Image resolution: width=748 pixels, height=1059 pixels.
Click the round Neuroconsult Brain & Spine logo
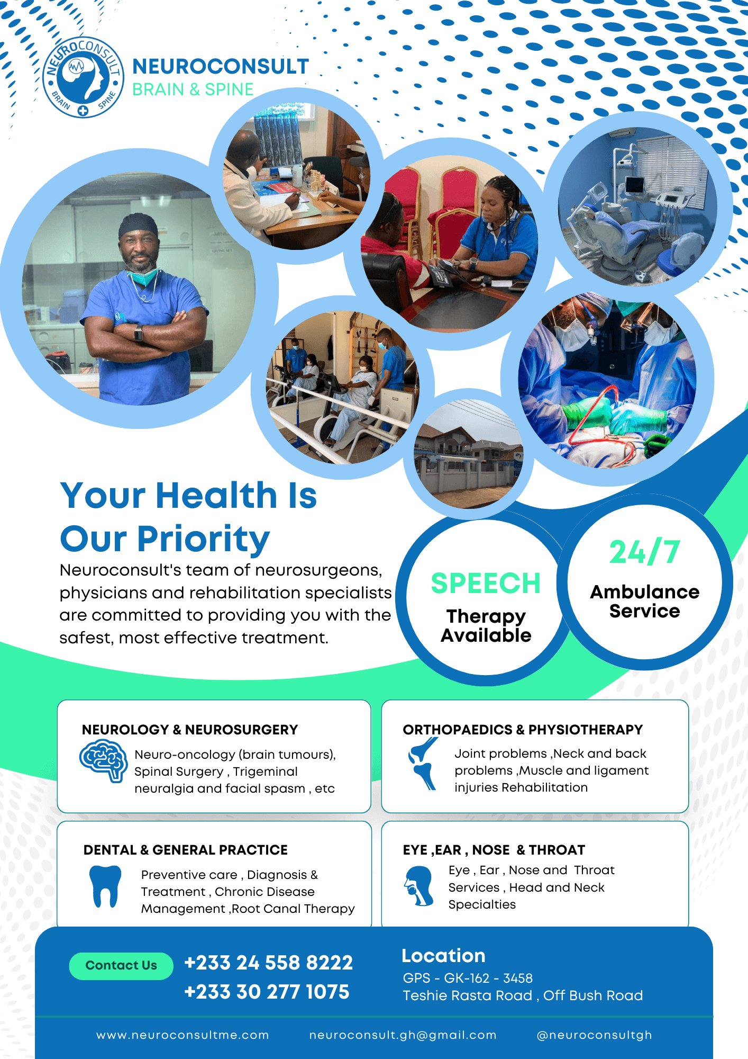(83, 77)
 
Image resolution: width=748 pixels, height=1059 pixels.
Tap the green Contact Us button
(121, 966)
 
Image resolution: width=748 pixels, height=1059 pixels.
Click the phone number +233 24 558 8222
(268, 963)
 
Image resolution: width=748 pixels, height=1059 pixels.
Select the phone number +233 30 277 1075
(267, 992)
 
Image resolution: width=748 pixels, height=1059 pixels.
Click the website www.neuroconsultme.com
(183, 1035)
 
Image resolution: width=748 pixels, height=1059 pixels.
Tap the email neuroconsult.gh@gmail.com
(403, 1035)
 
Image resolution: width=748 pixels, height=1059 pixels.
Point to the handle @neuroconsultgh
(594, 1035)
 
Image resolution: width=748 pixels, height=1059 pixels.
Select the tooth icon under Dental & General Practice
(105, 886)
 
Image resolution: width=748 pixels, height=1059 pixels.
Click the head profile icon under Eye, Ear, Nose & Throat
(418, 885)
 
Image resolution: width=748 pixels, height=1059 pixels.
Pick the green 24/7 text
(644, 552)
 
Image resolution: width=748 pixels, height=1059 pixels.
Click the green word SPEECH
(486, 584)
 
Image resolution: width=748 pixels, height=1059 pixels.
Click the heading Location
(443, 956)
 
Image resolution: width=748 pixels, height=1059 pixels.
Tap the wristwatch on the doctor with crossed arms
(139, 333)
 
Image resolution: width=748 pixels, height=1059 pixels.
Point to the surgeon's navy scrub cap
(138, 225)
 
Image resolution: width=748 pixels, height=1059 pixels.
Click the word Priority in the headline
(204, 539)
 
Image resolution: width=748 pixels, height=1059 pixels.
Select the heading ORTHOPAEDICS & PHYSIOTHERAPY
(523, 730)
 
